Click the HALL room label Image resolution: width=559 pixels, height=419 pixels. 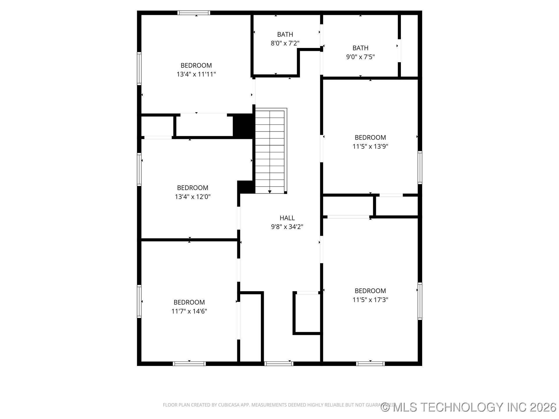287,218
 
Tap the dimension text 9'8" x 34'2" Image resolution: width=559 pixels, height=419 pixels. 287,227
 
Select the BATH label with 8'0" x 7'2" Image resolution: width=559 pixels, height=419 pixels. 285,35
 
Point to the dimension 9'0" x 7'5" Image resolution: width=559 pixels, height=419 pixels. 360,57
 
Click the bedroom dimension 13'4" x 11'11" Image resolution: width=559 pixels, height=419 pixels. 196,74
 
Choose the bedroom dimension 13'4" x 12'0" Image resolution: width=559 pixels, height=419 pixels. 192,197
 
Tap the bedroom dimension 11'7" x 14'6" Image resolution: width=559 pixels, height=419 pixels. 189,311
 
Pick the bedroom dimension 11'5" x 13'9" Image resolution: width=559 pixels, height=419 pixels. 370,146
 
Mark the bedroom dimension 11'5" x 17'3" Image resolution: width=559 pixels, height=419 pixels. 370,300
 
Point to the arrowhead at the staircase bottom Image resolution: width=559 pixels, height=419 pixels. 270,191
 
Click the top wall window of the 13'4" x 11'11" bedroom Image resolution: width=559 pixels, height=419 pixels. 194,13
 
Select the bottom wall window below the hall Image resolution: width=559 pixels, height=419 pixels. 279,363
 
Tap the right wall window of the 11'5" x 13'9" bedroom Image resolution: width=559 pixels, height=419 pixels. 420,167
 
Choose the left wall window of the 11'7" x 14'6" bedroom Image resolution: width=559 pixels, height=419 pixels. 139,301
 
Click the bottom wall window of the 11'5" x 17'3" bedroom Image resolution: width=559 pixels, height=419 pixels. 370,363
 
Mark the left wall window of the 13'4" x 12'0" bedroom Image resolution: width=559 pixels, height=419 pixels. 139,169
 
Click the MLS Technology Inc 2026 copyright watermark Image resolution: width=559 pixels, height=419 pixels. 468,407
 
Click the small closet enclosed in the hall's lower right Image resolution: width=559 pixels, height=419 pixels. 307,313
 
